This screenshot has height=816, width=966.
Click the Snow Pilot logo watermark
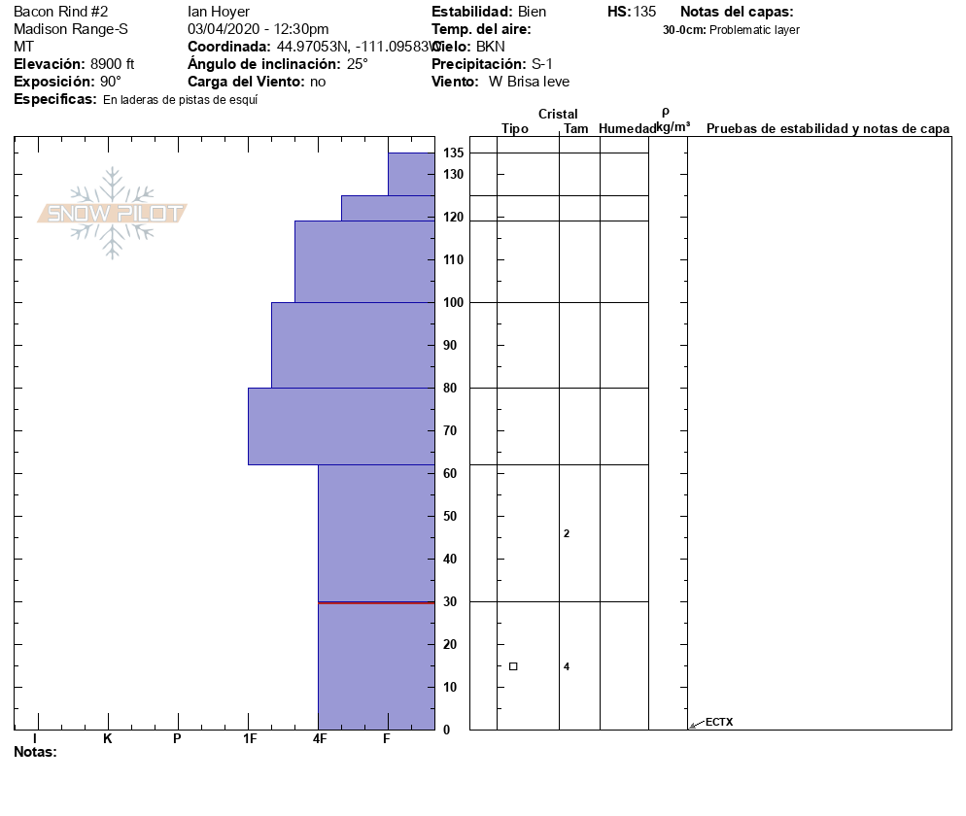tap(112, 213)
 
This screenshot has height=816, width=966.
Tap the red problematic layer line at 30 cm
tap(376, 602)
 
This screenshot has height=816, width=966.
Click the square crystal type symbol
tap(513, 666)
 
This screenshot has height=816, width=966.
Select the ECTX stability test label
tap(719, 722)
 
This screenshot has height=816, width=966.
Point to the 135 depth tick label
tap(453, 153)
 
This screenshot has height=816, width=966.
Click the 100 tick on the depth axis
tap(453, 302)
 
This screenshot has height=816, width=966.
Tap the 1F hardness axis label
tap(250, 739)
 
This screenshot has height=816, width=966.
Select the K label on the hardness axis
tap(108, 739)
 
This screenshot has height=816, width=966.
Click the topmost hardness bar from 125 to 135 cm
tap(411, 174)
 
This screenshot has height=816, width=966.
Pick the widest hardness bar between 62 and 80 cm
tap(341, 426)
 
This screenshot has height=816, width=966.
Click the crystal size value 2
tap(567, 533)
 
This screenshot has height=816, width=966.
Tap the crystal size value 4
tap(567, 666)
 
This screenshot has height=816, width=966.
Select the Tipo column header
tap(515, 129)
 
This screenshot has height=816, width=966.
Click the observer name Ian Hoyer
tap(219, 12)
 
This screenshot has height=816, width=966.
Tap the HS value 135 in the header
tap(644, 12)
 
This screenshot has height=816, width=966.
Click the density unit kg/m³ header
tap(673, 126)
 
